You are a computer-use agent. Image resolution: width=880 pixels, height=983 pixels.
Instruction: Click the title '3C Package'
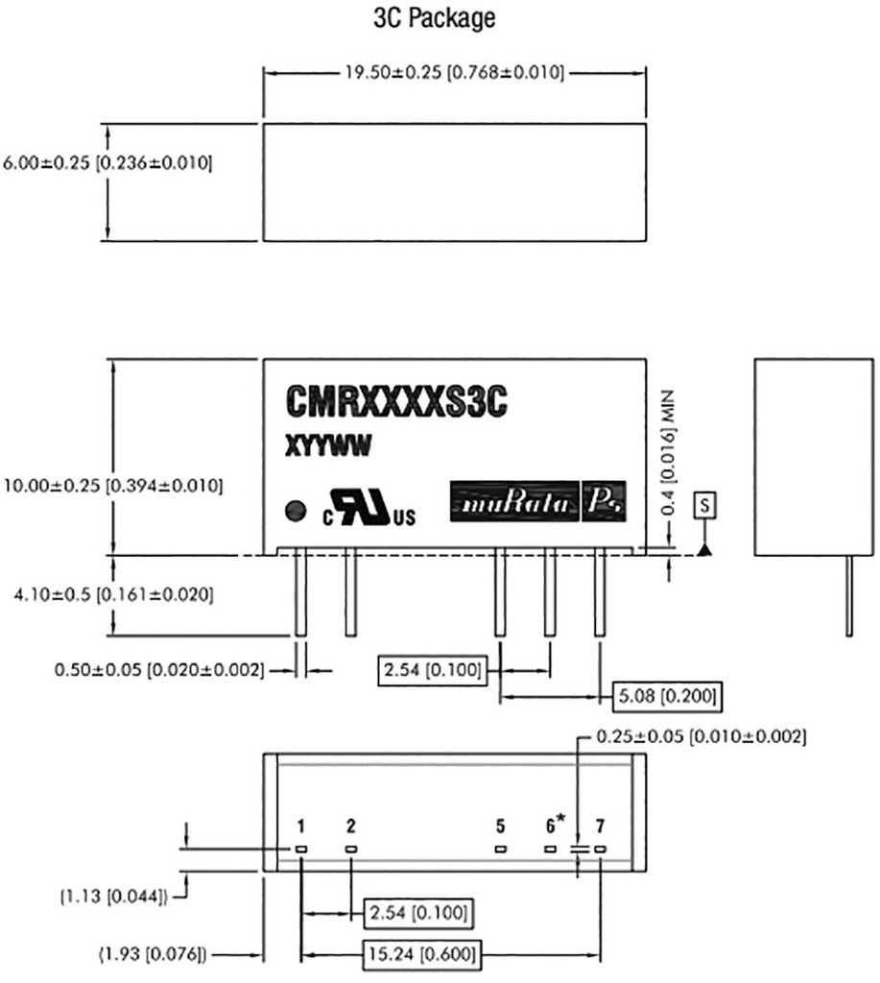pos(434,19)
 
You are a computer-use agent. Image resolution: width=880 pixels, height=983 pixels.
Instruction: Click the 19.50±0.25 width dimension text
pos(454,73)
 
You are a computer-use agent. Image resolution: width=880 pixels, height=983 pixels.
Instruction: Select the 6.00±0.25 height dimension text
pos(107,163)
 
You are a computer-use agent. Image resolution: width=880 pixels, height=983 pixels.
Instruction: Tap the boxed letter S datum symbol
pos(706,503)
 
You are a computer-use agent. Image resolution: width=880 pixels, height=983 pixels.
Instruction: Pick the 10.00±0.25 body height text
pos(113,486)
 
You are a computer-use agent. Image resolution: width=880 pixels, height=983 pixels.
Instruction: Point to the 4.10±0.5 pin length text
pos(107,594)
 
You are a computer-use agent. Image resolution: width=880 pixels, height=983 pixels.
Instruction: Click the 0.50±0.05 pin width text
pos(158,669)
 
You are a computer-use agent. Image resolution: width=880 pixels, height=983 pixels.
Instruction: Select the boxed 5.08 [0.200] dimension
pos(666,694)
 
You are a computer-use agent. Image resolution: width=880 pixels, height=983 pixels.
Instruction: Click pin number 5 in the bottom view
pos(500,826)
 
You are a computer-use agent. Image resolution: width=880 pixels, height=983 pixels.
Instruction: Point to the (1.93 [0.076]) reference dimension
pos(154,954)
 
